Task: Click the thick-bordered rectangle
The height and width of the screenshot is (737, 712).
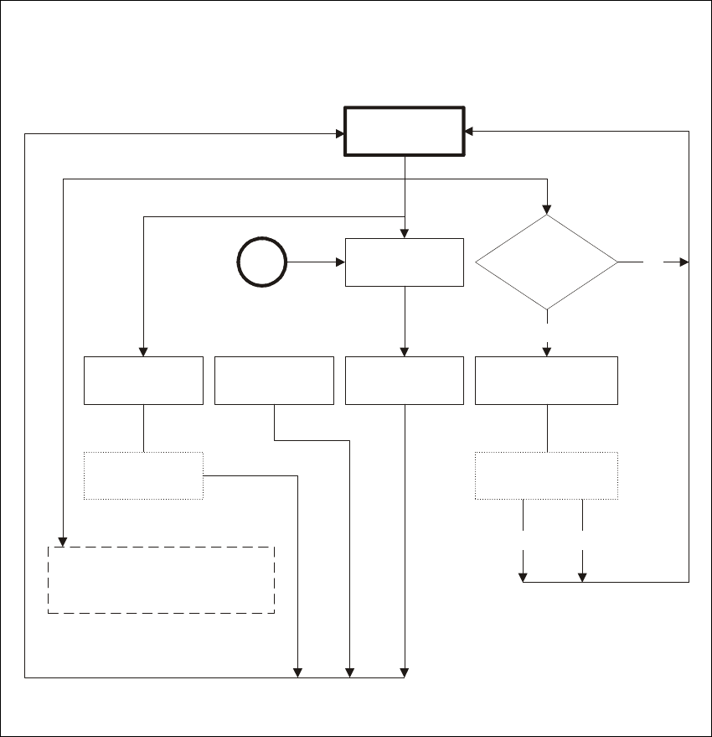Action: (x=405, y=131)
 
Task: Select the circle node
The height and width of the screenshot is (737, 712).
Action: (x=262, y=262)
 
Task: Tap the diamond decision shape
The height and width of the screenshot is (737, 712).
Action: (x=546, y=262)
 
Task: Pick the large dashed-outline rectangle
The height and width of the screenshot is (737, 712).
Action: (x=161, y=580)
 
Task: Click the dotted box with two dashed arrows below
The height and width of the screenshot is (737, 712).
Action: (x=546, y=476)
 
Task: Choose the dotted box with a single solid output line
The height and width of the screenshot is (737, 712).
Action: (x=143, y=476)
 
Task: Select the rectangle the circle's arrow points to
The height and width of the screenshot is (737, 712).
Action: (x=405, y=262)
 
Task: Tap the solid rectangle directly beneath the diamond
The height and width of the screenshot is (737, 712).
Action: (x=546, y=380)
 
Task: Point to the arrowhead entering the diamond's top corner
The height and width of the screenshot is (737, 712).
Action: (x=546, y=210)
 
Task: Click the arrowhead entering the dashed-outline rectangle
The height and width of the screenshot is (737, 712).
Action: (x=63, y=542)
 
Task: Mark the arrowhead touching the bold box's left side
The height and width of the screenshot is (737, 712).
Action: (x=341, y=133)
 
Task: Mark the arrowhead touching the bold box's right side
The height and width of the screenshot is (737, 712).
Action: (x=468, y=132)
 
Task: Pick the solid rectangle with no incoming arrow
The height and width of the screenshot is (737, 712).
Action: (x=274, y=380)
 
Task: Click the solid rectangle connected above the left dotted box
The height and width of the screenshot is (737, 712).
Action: (x=143, y=380)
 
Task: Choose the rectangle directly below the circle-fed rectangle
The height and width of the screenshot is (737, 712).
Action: (x=405, y=380)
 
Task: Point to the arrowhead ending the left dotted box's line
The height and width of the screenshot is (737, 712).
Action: (x=298, y=671)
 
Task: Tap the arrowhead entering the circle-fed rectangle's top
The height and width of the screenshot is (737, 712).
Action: (x=405, y=233)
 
